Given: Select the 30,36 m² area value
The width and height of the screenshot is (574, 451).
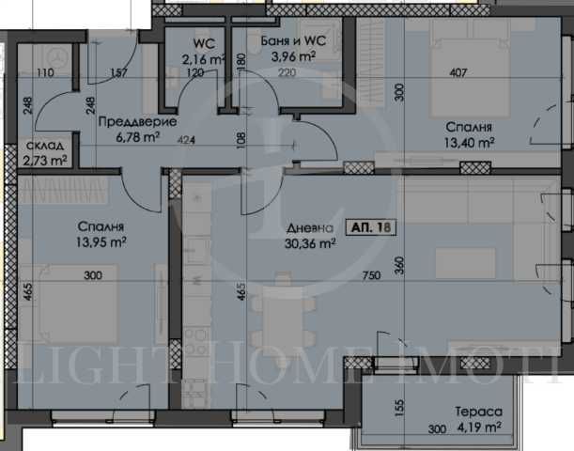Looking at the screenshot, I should click(x=310, y=244).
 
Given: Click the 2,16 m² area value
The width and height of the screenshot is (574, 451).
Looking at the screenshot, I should click(x=199, y=57).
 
